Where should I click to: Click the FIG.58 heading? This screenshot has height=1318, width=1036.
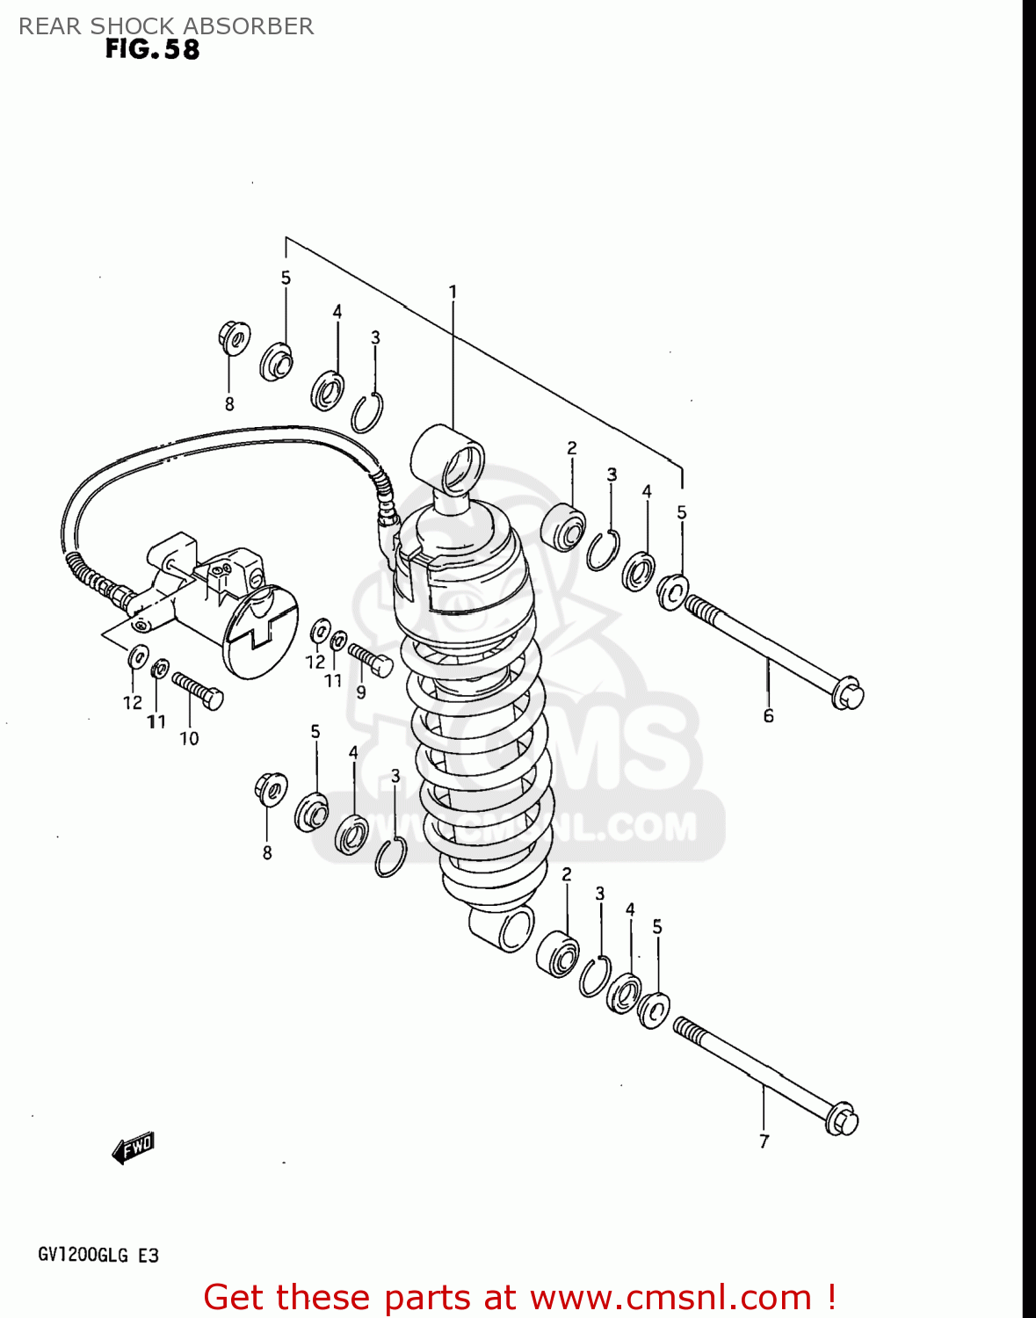tap(152, 49)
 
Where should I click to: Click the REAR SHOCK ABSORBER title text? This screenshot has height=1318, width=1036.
tap(166, 26)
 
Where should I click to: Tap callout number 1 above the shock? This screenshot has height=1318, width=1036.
tap(453, 292)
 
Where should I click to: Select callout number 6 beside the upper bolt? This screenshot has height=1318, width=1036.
tap(768, 716)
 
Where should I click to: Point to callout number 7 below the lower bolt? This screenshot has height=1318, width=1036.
tap(764, 1141)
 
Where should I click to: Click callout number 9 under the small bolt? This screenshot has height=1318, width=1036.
tap(360, 692)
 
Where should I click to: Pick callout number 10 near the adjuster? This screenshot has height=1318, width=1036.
tap(189, 739)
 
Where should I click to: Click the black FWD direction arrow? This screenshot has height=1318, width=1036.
tap(133, 1148)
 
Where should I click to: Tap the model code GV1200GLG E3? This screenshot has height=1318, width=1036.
tap(98, 1255)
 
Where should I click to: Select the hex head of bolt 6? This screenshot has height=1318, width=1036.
tap(848, 693)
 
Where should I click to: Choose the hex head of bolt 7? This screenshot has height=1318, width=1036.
tap(842, 1119)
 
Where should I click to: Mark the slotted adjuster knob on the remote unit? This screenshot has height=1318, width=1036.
tap(261, 633)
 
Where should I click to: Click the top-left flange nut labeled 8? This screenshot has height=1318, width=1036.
tap(233, 337)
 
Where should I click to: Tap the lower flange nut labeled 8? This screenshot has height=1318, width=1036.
tap(271, 788)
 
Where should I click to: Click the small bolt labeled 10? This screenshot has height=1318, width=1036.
tap(198, 691)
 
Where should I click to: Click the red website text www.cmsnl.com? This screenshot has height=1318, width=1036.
tap(670, 1297)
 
